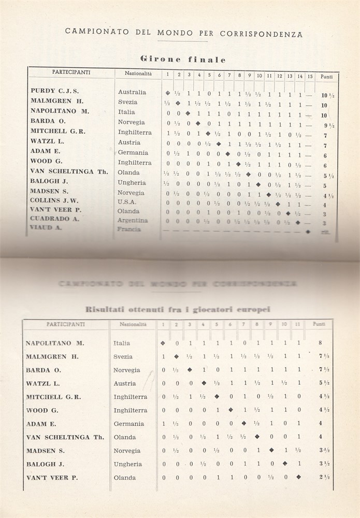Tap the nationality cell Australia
[132, 92]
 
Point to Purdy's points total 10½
[327, 95]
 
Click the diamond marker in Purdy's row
[167, 93]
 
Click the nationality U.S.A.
[127, 202]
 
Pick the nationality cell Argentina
[133, 221]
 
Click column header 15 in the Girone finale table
[310, 76]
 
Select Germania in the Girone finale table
[133, 152]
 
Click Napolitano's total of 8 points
[321, 343]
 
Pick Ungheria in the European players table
[127, 464]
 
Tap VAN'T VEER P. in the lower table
[52, 478]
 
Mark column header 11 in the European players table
[298, 325]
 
